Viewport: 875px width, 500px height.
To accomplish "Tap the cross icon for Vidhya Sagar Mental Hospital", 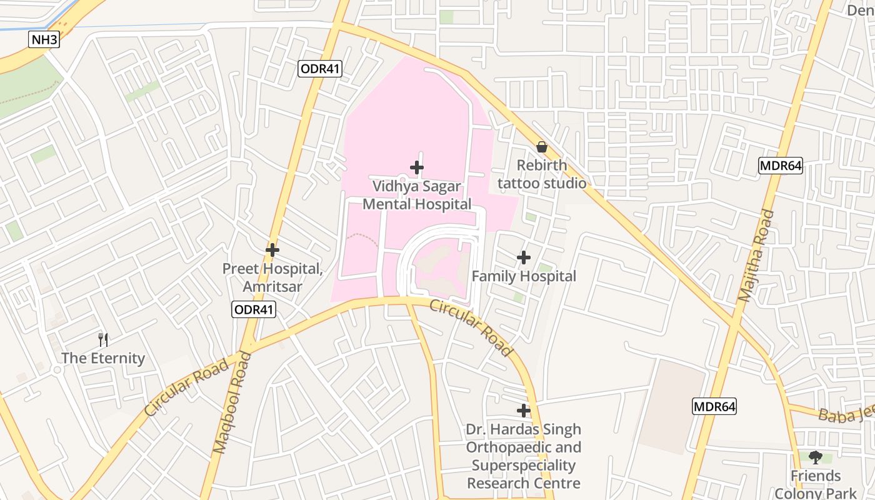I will (x=417, y=167).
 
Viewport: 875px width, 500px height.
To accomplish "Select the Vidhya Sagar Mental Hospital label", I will (x=417, y=195).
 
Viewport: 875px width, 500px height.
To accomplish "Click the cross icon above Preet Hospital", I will (x=272, y=250).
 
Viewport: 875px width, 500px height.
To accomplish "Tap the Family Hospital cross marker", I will (x=524, y=257).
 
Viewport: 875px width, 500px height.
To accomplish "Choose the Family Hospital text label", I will (x=524, y=276).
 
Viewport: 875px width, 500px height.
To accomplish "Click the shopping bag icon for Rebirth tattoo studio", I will (x=542, y=147).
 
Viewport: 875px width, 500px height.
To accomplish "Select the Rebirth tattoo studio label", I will (x=542, y=174).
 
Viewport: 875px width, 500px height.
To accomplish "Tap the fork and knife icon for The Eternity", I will (x=103, y=340).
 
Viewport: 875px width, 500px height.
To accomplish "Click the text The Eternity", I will (x=103, y=358).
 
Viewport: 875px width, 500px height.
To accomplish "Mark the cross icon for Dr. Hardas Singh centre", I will (x=524, y=411).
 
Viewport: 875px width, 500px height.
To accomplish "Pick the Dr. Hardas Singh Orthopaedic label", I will (x=524, y=456).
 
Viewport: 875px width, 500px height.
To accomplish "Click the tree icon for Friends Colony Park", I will (x=816, y=457).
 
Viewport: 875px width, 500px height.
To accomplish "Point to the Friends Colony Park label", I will (x=816, y=484).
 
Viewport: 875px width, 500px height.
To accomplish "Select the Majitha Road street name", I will (x=756, y=256).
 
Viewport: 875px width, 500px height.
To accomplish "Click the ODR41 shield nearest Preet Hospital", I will (x=254, y=309).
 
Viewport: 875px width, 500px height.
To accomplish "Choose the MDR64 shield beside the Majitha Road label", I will (x=780, y=166).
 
